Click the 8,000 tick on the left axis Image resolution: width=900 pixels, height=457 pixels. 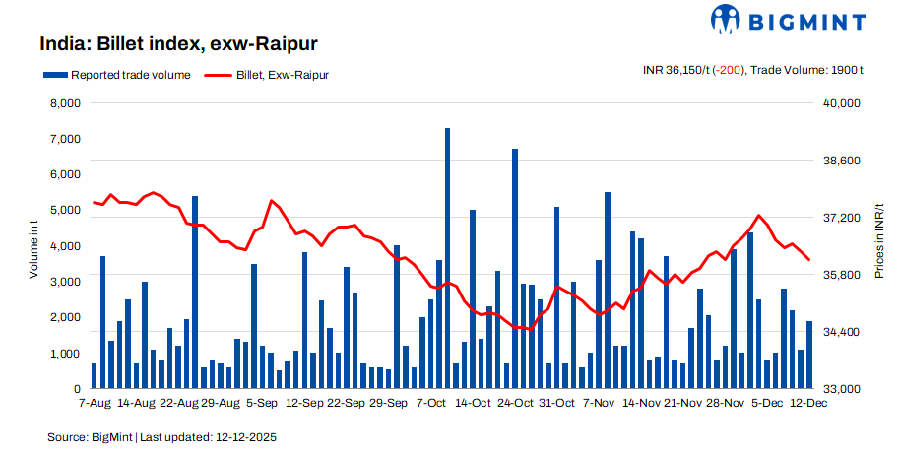click(x=64, y=103)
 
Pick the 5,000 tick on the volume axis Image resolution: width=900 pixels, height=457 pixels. click(x=64, y=211)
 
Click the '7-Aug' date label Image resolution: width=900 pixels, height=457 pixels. click(x=95, y=403)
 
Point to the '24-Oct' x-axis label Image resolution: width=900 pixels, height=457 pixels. click(x=515, y=403)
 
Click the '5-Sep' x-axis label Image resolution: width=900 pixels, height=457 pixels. click(x=261, y=403)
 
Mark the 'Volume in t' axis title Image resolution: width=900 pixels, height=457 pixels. click(x=33, y=246)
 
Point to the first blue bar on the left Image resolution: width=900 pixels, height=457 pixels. click(x=95, y=376)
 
